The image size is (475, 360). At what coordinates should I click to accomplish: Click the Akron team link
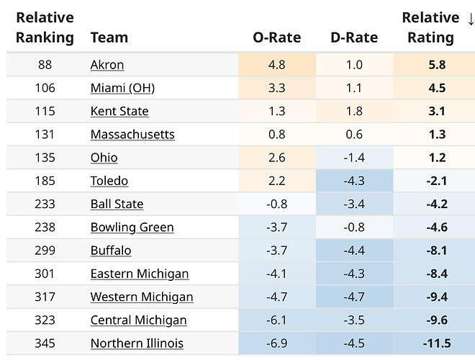coord(107,65)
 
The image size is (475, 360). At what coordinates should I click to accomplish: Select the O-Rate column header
coord(277,37)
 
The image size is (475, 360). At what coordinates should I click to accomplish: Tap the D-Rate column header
coord(353,37)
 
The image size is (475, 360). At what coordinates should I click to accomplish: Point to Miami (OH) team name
coord(122,88)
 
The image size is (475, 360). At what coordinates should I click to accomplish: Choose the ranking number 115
coord(45,111)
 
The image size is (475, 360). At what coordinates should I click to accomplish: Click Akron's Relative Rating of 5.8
coord(436,65)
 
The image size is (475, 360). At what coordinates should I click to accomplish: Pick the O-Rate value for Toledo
coord(277,181)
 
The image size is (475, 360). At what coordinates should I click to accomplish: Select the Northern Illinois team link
coord(137,343)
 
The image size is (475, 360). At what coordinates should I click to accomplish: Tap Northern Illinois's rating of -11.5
coord(434,343)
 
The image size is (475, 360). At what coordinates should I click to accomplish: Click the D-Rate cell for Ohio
coord(353,158)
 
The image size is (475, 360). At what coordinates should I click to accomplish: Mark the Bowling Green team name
coord(132,228)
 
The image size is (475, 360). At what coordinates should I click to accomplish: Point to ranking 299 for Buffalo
coord(45,251)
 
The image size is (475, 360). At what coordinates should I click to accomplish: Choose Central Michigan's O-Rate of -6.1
coord(277,320)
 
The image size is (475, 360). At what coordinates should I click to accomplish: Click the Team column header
coord(109,37)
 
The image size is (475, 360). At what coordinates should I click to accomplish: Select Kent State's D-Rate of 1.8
coord(353,111)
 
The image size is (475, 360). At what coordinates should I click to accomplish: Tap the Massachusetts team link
coord(132,135)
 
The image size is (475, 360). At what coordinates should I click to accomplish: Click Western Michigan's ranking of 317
coord(45,297)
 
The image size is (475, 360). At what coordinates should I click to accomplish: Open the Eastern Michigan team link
coord(140,274)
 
